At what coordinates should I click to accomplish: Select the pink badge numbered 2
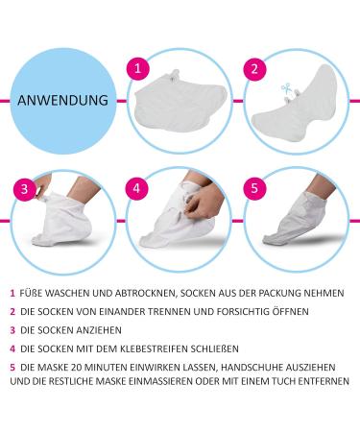[x=254, y=69]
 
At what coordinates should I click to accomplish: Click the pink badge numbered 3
[x=18, y=186]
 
